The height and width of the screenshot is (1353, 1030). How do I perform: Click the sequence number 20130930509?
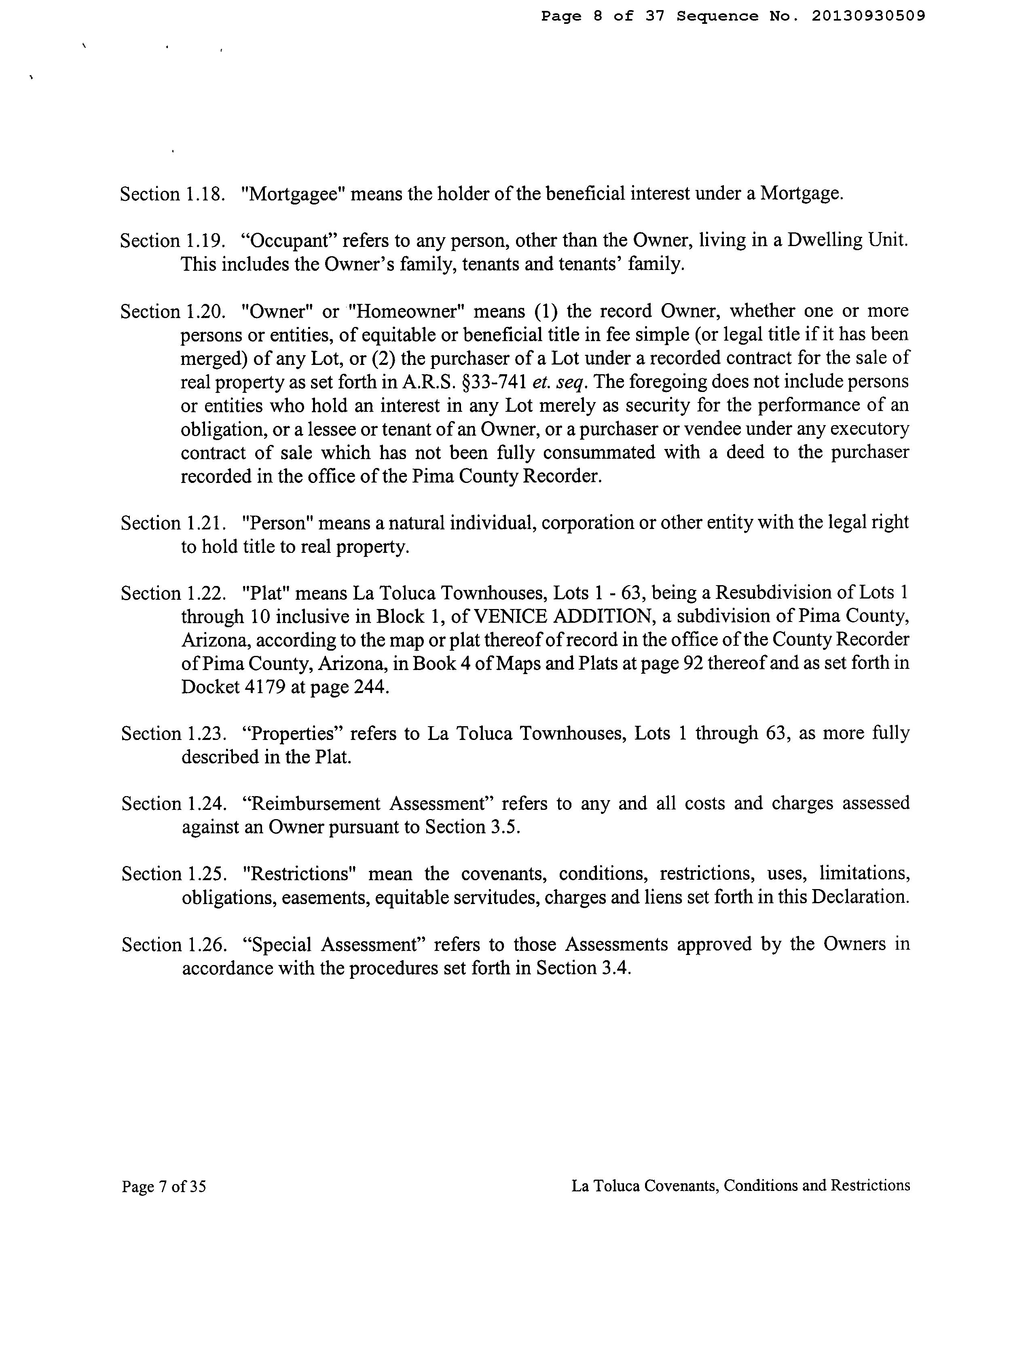tap(868, 17)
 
